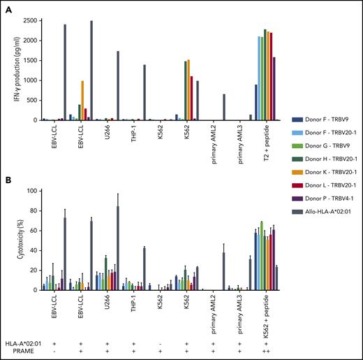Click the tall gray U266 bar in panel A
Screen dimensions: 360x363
tap(117, 85)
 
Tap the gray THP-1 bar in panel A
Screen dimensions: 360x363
tap(145, 92)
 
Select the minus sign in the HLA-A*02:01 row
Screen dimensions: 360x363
tap(160, 343)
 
